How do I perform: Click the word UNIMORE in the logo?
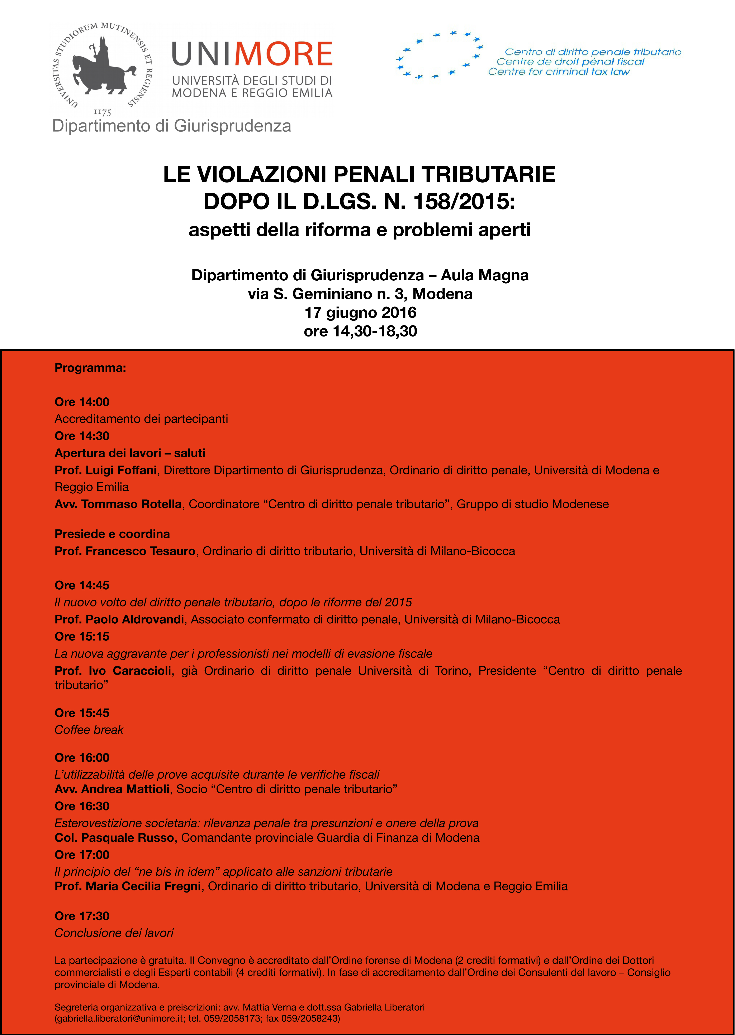click(x=252, y=54)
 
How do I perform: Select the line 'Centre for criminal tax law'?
click(x=559, y=72)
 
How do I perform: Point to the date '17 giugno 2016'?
click(x=360, y=313)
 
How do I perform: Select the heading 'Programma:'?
click(x=90, y=368)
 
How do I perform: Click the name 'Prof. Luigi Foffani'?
click(x=105, y=470)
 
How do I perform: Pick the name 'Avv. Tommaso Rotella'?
click(x=118, y=504)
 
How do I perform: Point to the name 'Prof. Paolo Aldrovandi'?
click(x=119, y=619)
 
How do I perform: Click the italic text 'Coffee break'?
click(x=89, y=730)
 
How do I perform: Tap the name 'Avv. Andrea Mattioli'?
click(x=112, y=789)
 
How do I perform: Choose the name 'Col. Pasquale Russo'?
click(x=114, y=838)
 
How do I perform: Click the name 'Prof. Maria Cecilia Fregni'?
click(x=128, y=886)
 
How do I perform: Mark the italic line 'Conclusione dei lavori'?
click(x=114, y=933)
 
